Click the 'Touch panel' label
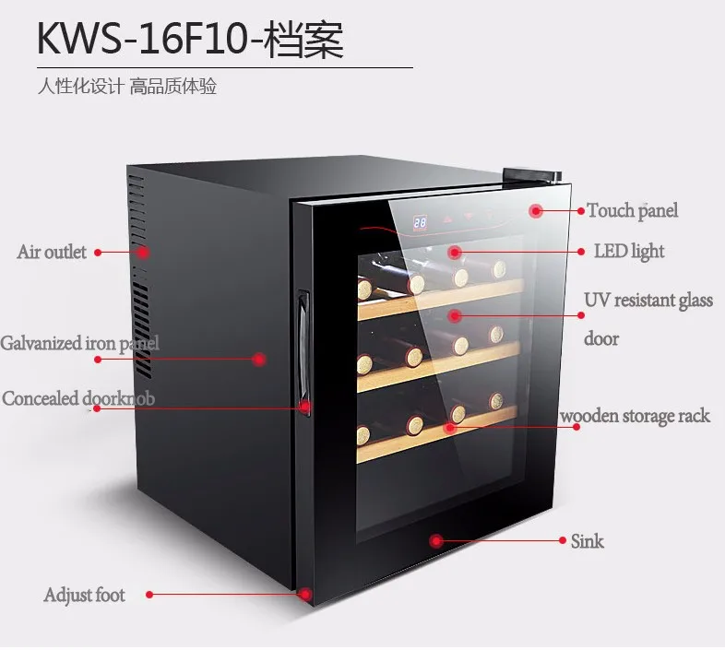[632, 211]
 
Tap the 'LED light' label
[628, 252]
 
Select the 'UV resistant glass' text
[648, 301]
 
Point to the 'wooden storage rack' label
[636, 416]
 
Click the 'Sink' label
[587, 540]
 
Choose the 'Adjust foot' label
[84, 595]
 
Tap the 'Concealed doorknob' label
[78, 398]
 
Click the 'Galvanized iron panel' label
[79, 343]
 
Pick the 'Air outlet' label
[52, 252]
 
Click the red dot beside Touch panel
[536, 211]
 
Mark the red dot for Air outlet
[143, 252]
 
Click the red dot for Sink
[436, 540]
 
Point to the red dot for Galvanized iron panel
[259, 358]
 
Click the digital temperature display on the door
[420, 222]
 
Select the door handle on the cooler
[301, 352]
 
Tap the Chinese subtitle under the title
[126, 88]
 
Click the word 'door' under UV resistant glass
[601, 338]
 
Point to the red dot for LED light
[454, 251]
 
